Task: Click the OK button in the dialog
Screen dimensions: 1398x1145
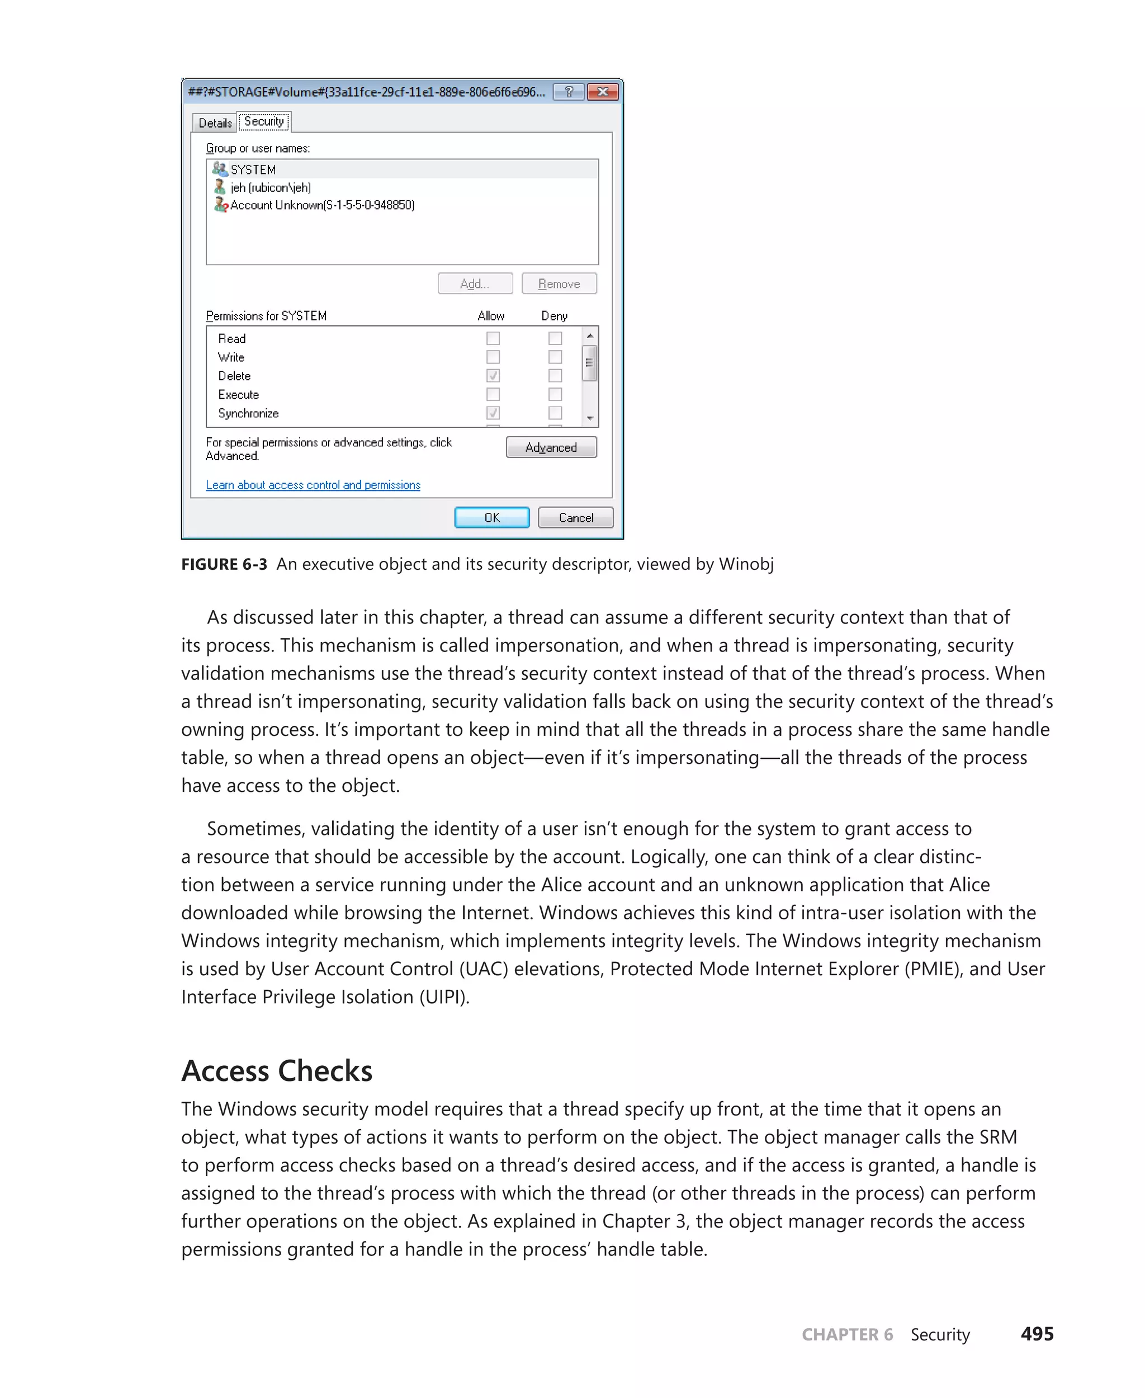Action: click(491, 517)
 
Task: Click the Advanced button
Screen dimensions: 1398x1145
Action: click(551, 447)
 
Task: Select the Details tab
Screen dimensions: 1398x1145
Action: click(215, 122)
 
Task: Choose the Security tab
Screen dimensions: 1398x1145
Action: click(264, 121)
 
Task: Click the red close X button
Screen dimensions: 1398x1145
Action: click(602, 92)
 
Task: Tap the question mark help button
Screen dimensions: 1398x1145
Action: click(569, 92)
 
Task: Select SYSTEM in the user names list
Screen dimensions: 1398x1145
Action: click(253, 169)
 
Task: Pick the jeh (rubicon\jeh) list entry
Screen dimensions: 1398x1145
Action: click(271, 187)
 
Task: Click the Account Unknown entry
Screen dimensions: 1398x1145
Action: click(322, 205)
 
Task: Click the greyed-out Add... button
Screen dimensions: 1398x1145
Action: click(475, 284)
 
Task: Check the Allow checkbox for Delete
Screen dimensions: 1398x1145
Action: click(493, 375)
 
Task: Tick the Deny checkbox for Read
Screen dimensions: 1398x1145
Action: click(555, 338)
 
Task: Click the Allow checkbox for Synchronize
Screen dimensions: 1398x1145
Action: click(493, 413)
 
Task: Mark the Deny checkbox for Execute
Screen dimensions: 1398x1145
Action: click(555, 395)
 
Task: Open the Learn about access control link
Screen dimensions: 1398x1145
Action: click(313, 485)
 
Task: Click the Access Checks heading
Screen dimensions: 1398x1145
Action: click(277, 1070)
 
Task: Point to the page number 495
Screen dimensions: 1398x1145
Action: click(1037, 1334)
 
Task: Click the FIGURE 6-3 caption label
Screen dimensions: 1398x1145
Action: click(224, 564)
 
